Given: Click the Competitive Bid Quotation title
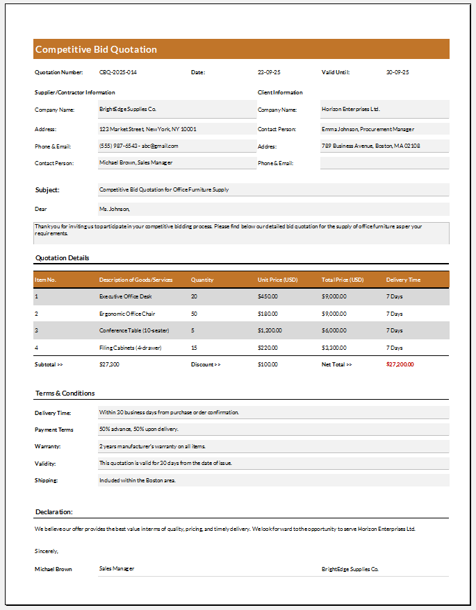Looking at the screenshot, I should pos(96,49).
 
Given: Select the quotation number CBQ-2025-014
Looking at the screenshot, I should pos(118,72).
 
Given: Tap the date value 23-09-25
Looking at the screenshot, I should pos(269,72).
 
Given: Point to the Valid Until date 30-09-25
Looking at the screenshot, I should pos(397,72).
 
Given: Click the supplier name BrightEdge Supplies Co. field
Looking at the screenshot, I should pos(128,109).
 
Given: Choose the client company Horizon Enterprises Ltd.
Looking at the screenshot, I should pos(351,109).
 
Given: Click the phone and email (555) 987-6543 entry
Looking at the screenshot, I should pos(139,146).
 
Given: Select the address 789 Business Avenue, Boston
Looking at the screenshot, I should pos(370,146).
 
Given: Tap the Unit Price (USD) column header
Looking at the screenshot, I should pos(277,280).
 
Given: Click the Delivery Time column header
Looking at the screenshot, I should pos(403,280).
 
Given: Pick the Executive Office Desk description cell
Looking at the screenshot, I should pos(125,296).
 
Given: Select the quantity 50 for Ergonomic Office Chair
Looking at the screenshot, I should pos(194,314).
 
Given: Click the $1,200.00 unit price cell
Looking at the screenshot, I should pos(269,330).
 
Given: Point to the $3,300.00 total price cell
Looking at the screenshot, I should pos(334,348).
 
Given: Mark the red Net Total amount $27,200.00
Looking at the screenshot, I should pos(400,364).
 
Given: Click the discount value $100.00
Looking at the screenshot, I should pos(268,364).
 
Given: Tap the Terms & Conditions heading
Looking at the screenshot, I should pos(65,393).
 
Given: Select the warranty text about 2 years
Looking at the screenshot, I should pos(152,446).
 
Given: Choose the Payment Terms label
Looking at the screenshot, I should pos(54,430).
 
